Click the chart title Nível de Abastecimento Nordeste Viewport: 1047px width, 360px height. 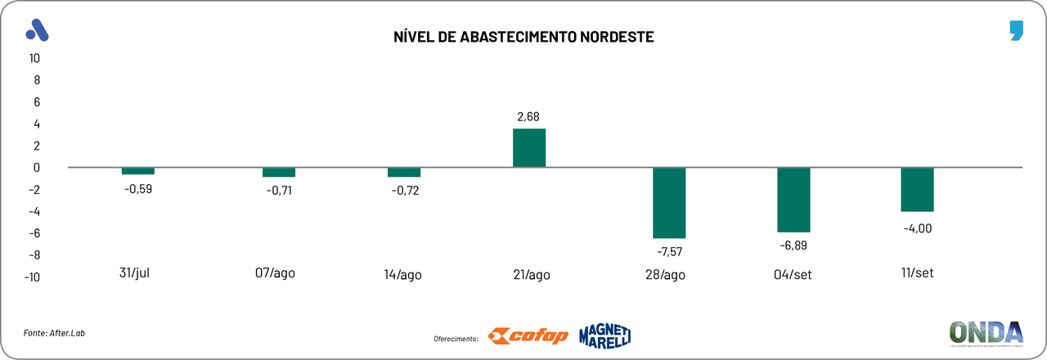[x=523, y=37]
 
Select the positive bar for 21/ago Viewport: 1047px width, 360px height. [x=529, y=148]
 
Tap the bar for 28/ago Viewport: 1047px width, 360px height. [x=669, y=202]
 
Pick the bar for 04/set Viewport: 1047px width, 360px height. [x=793, y=200]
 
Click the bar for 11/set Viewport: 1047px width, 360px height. [x=917, y=189]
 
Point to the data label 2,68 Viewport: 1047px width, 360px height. [x=528, y=117]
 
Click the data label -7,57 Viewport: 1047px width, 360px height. [x=668, y=251]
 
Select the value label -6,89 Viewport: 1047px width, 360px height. [x=793, y=245]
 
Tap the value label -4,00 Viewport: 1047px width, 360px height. [x=917, y=228]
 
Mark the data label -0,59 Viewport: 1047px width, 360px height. [x=138, y=189]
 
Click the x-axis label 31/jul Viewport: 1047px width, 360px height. [x=134, y=272]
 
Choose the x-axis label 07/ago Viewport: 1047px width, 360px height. [x=275, y=272]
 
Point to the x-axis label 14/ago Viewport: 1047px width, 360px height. [x=402, y=274]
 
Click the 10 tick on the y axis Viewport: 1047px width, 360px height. [x=34, y=58]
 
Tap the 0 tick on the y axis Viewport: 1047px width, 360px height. [x=37, y=168]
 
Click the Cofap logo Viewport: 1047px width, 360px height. [x=528, y=336]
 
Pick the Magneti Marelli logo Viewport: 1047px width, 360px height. [x=605, y=335]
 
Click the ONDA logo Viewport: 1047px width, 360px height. [x=986, y=333]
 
